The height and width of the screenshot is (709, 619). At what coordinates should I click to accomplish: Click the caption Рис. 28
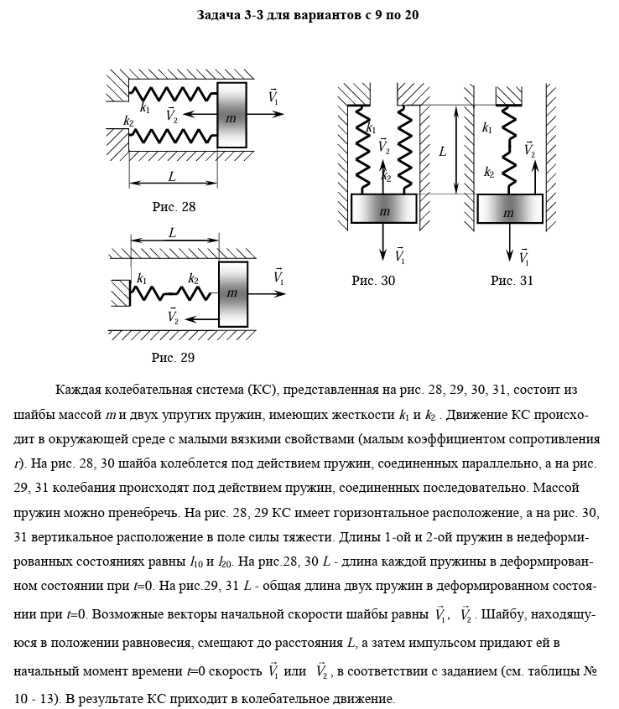pyautogui.click(x=174, y=206)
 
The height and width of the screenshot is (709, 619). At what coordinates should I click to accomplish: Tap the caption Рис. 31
pyautogui.click(x=512, y=281)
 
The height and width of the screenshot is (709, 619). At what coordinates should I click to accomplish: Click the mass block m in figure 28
pyautogui.click(x=232, y=116)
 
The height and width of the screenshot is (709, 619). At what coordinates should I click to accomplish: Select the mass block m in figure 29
pyautogui.click(x=232, y=294)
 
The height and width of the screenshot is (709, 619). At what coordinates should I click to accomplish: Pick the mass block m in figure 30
pyautogui.click(x=383, y=210)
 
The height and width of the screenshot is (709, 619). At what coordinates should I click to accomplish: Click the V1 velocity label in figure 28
pyautogui.click(x=274, y=96)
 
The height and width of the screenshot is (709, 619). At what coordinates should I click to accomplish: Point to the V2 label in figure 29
pyautogui.click(x=174, y=316)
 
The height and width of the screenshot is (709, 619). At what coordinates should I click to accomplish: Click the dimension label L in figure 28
pyautogui.click(x=172, y=177)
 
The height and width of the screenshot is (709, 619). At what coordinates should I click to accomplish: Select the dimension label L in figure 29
pyautogui.click(x=172, y=234)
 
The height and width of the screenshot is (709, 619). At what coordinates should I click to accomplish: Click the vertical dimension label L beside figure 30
pyautogui.click(x=442, y=152)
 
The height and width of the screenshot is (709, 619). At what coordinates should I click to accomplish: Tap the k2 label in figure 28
pyautogui.click(x=128, y=122)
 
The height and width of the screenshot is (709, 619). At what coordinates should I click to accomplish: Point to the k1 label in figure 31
pyautogui.click(x=487, y=128)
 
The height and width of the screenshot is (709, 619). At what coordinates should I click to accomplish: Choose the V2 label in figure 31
pyautogui.click(x=529, y=149)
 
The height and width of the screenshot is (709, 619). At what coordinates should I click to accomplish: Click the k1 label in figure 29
pyautogui.click(x=142, y=279)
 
